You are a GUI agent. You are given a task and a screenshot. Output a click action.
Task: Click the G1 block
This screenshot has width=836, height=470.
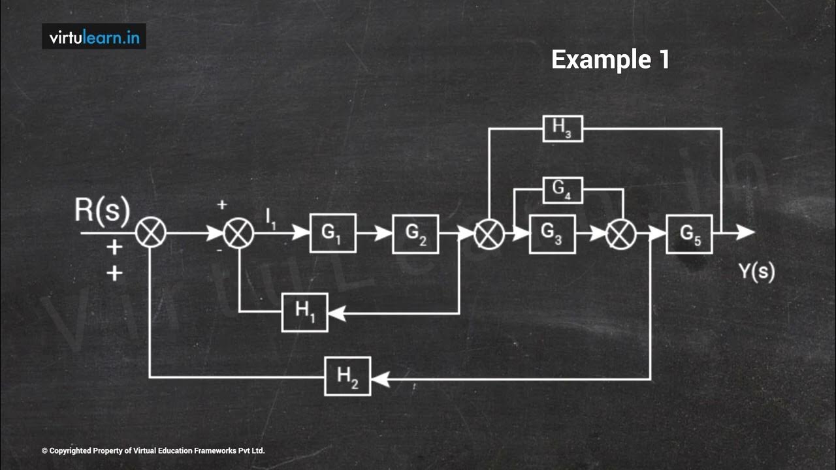pyautogui.click(x=333, y=233)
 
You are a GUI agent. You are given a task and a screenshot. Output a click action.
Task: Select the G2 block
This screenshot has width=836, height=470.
pyautogui.click(x=415, y=233)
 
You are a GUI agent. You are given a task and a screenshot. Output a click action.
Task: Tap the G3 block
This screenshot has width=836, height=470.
pyautogui.click(x=552, y=233)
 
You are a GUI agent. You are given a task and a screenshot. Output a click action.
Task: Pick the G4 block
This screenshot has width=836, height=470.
pyautogui.click(x=562, y=190)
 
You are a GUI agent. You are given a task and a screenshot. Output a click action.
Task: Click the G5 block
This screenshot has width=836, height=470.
pyautogui.click(x=689, y=234)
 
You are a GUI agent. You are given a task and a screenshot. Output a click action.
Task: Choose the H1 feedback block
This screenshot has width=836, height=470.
pyautogui.click(x=305, y=312)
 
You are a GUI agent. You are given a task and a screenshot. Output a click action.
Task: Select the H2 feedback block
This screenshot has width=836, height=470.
pyautogui.click(x=347, y=376)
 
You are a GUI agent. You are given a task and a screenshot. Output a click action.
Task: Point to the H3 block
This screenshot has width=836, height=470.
pyautogui.click(x=562, y=128)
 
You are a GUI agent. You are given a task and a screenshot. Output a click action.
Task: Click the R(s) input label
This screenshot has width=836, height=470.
pyautogui.click(x=103, y=210)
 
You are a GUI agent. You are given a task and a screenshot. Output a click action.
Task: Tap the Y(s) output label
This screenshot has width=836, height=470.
pyautogui.click(x=757, y=271)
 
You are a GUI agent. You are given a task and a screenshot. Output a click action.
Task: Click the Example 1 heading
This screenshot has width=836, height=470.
pyautogui.click(x=610, y=59)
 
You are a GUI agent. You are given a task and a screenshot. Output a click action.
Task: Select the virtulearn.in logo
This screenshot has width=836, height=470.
pyautogui.click(x=94, y=37)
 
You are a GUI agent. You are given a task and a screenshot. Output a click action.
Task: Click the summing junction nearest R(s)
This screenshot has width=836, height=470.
pyautogui.click(x=151, y=233)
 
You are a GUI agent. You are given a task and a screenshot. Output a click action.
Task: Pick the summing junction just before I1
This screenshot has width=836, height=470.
pyautogui.click(x=239, y=233)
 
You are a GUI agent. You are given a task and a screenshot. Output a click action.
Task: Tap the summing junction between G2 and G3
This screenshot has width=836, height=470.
pyautogui.click(x=489, y=233)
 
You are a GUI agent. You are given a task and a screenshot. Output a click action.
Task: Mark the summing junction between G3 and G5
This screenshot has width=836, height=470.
pyautogui.click(x=620, y=233)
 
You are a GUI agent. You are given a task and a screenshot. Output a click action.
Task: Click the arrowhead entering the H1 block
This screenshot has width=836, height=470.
pyautogui.click(x=336, y=313)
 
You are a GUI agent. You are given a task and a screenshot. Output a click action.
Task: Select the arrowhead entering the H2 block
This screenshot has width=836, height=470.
pyautogui.click(x=379, y=379)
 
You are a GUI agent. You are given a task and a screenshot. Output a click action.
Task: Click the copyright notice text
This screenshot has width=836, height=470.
pyautogui.click(x=153, y=450)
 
